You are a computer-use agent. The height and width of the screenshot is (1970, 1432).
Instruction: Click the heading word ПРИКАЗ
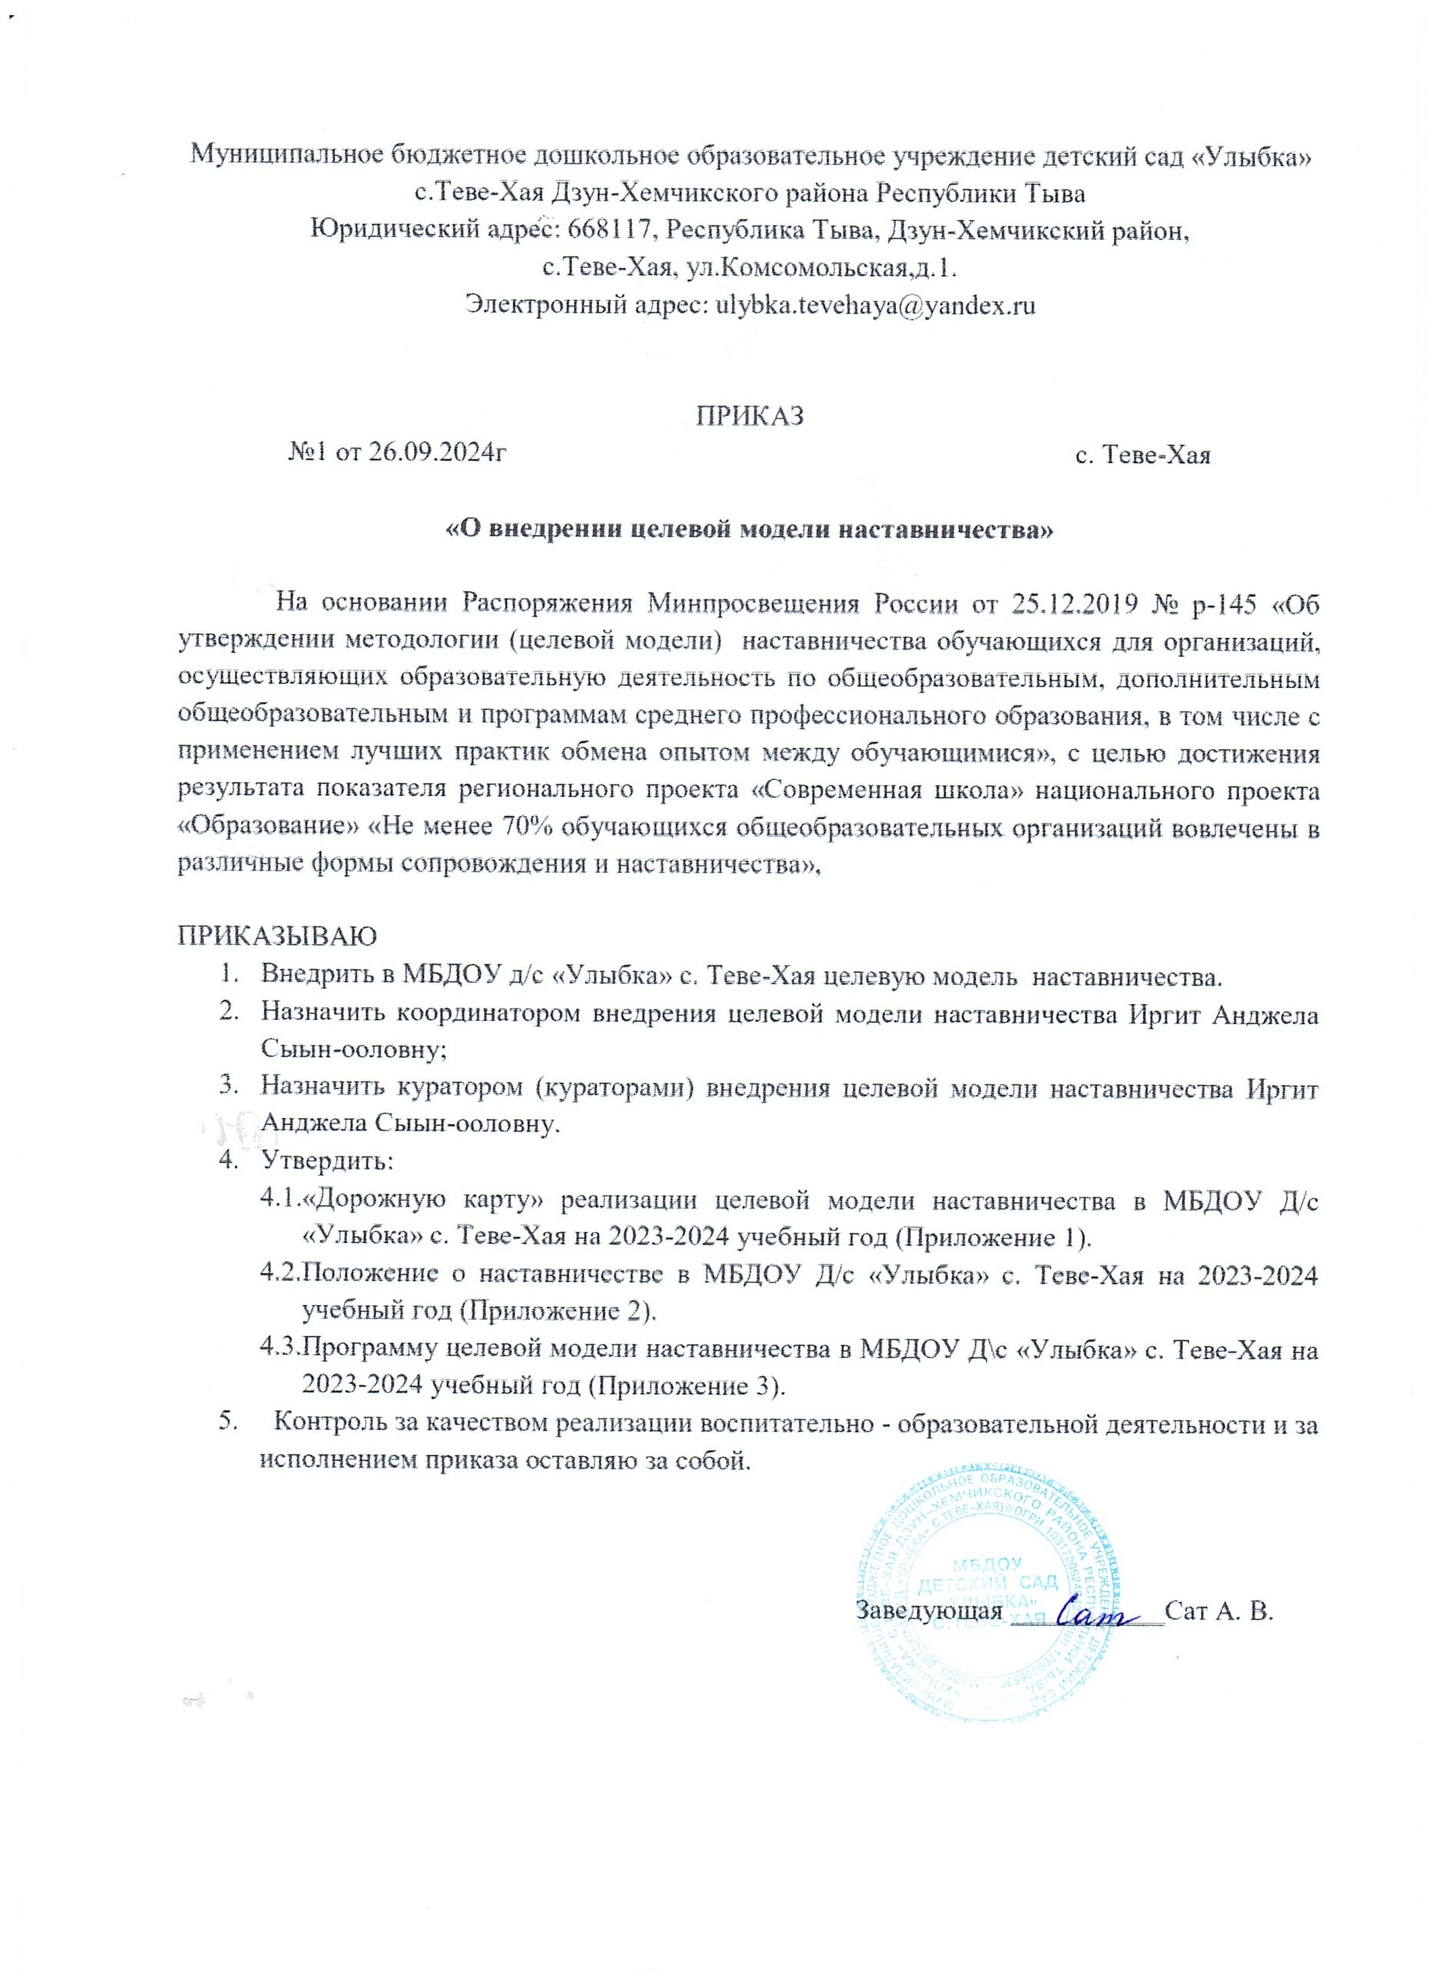tap(750, 416)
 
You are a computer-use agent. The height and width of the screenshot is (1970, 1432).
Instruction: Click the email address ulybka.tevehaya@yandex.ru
tap(874, 306)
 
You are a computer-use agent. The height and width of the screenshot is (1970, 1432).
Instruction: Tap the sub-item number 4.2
tap(279, 1274)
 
